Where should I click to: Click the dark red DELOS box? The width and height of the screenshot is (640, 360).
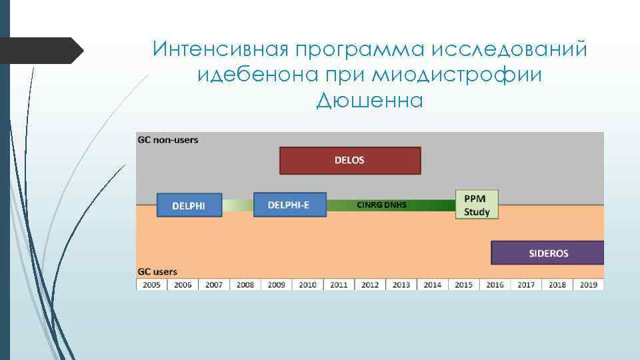(350, 161)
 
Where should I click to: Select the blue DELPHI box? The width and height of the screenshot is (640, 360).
(189, 205)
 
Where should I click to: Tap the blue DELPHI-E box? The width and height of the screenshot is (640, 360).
(290, 205)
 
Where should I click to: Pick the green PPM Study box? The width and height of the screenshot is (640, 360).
(477, 205)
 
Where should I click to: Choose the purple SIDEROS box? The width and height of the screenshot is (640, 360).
(547, 253)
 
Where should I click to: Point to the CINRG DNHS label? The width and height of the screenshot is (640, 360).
(381, 205)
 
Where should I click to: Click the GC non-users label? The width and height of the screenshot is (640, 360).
(168, 140)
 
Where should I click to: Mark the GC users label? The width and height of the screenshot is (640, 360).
(157, 272)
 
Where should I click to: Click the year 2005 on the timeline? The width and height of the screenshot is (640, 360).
(151, 285)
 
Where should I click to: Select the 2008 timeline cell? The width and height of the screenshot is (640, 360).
(245, 285)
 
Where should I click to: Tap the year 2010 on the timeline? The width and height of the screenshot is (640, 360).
(308, 285)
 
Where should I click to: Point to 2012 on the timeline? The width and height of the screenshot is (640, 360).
(370, 285)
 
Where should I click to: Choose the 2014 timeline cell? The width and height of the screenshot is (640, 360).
(432, 285)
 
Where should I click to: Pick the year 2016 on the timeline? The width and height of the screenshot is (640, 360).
(495, 285)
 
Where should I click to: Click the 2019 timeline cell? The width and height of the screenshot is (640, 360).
(588, 285)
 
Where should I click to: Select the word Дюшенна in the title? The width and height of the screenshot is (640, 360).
(370, 101)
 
